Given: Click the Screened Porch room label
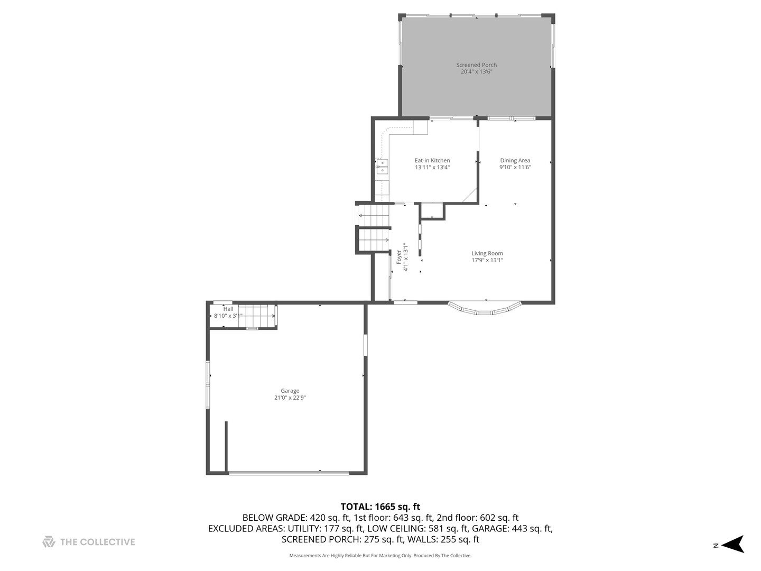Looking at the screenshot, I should (x=476, y=65).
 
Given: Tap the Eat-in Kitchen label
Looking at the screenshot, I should (x=432, y=161).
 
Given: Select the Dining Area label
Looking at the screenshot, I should (x=515, y=161).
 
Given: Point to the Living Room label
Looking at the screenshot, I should (x=487, y=254).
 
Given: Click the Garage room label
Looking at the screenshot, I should (x=290, y=391).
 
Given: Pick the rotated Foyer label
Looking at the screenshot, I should (x=399, y=257).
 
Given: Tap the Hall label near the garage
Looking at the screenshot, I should (x=228, y=309).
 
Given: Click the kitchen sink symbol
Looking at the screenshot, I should (x=382, y=167).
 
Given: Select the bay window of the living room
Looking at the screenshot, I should (x=485, y=309).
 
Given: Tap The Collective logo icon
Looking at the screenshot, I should (x=49, y=542).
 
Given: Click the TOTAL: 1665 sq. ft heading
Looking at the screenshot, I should (x=380, y=506).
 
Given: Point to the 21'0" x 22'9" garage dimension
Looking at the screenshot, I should (x=290, y=398).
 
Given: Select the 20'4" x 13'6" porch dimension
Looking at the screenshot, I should (x=476, y=72).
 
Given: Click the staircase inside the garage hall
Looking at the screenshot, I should (x=257, y=316).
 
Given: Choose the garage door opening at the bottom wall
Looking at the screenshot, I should (x=289, y=472).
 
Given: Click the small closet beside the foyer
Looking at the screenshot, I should (x=433, y=210).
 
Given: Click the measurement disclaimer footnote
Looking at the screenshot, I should (x=380, y=556).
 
